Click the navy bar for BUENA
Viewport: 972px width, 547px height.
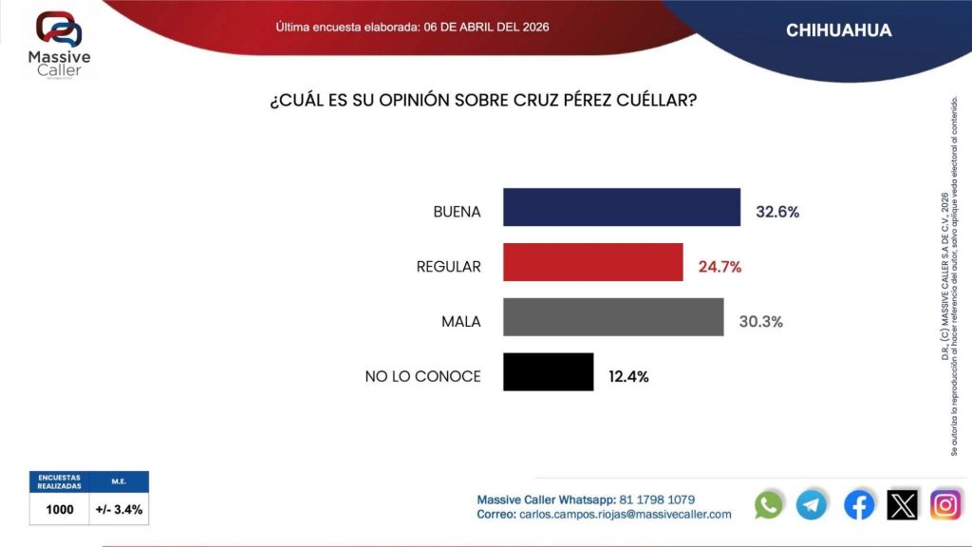coord(621,208)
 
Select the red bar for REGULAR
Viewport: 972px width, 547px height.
coord(592,262)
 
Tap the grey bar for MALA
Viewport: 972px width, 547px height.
coord(612,317)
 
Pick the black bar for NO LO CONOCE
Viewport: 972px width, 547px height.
coord(548,372)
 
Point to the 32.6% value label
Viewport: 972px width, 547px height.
coord(777,212)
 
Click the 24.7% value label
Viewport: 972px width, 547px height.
coord(720,267)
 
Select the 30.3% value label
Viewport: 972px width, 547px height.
coord(760,322)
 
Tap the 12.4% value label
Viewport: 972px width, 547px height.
coord(628,377)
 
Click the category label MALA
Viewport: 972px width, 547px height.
coord(461,322)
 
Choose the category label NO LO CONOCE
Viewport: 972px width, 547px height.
coord(422,377)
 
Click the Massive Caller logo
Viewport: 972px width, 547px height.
coord(59,44)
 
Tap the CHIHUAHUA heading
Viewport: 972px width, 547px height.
coord(838,30)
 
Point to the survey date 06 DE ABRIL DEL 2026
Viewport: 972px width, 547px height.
coord(486,27)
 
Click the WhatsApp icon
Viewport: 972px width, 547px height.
coord(769,504)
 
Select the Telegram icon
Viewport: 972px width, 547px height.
coord(812,504)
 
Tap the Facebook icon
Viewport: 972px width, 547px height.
coord(859,504)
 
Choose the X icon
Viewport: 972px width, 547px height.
coord(903,504)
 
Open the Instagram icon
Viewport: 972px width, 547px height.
coord(945,504)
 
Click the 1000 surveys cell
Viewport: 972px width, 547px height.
coord(60,509)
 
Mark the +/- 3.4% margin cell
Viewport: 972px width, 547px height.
coord(119,509)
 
